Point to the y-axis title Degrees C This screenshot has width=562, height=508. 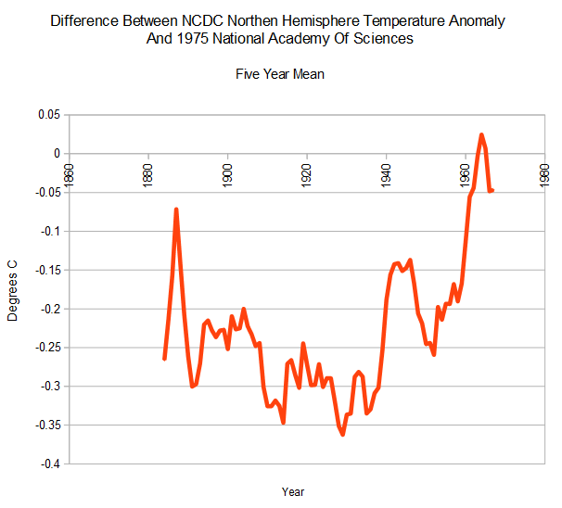pyautogui.click(x=13, y=289)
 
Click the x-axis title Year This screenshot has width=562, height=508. pyautogui.click(x=292, y=491)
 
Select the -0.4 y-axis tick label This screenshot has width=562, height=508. pyautogui.click(x=47, y=464)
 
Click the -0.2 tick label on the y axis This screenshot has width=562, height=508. pyautogui.click(x=47, y=309)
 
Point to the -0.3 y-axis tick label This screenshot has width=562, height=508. pyautogui.click(x=47, y=386)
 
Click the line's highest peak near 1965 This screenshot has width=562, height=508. pyautogui.click(x=481, y=134)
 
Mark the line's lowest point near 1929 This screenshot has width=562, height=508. pyautogui.click(x=342, y=434)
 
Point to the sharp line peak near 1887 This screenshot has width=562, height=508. pyautogui.click(x=175, y=210)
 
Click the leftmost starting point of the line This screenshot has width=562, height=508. pyautogui.click(x=164, y=358)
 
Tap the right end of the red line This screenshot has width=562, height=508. pyautogui.click(x=492, y=191)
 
